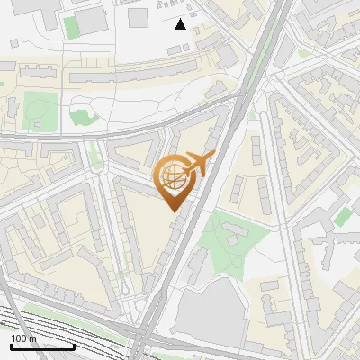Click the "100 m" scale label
pos(24,338)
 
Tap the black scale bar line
pos(41,346)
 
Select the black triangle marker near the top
pos(181,24)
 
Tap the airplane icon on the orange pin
pos(200,164)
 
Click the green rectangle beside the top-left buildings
pos(71,26)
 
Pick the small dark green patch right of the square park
pos(82,116)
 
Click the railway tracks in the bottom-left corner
pos(54,326)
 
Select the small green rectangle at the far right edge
pos(342,216)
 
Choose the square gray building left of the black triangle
pos(139,18)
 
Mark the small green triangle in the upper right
pos(304,53)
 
